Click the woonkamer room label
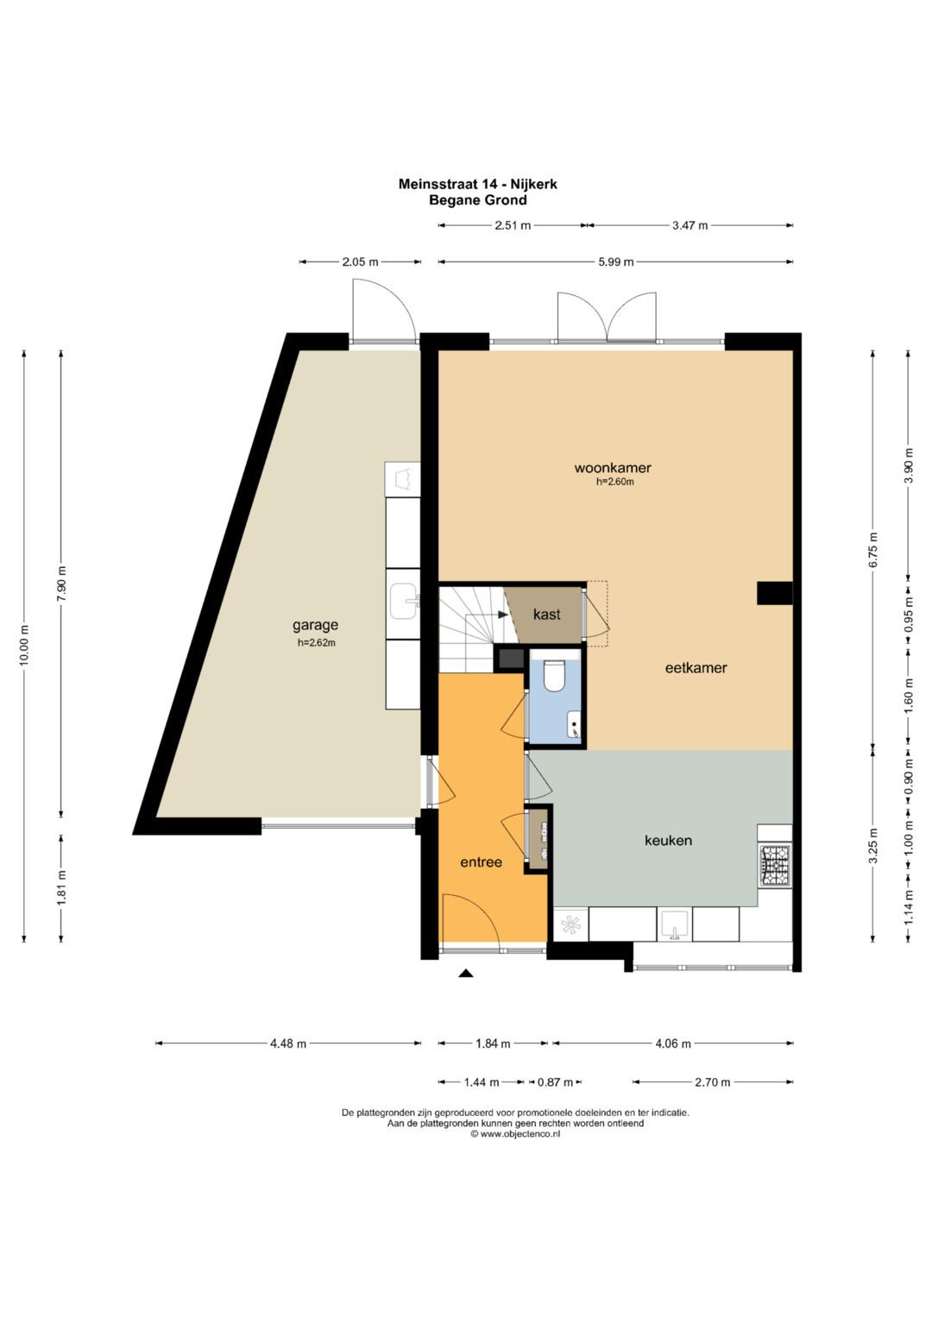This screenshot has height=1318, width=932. (x=613, y=469)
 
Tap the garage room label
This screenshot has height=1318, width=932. (x=315, y=626)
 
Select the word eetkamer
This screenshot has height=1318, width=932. (x=696, y=668)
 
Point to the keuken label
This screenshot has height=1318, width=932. (x=669, y=840)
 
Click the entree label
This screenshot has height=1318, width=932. (x=482, y=862)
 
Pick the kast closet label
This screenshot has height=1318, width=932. (x=546, y=615)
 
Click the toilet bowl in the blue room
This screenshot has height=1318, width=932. (x=554, y=675)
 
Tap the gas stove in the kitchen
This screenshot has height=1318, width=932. (x=777, y=865)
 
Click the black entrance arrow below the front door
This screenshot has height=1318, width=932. (x=466, y=974)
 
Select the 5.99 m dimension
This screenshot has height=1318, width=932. (x=616, y=262)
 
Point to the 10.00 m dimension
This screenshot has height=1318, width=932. (x=24, y=644)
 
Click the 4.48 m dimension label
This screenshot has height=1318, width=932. (x=288, y=1044)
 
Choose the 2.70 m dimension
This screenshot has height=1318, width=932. (x=713, y=1082)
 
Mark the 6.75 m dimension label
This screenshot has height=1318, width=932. (x=873, y=550)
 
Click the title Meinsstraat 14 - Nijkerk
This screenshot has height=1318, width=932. (x=478, y=184)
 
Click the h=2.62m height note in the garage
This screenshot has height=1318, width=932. (x=316, y=642)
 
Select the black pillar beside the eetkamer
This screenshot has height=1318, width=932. (x=775, y=593)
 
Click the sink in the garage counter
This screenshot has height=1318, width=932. (x=404, y=601)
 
